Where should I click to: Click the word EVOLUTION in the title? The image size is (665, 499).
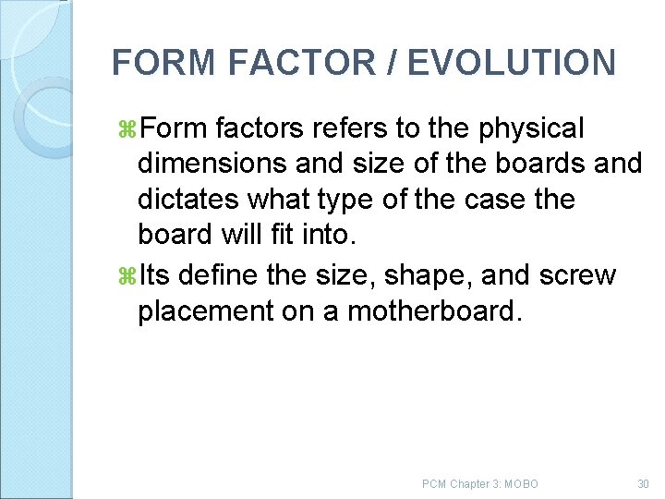click(x=511, y=63)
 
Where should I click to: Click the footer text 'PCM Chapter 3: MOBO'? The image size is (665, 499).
click(x=479, y=484)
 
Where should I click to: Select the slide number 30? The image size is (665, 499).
click(x=643, y=484)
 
